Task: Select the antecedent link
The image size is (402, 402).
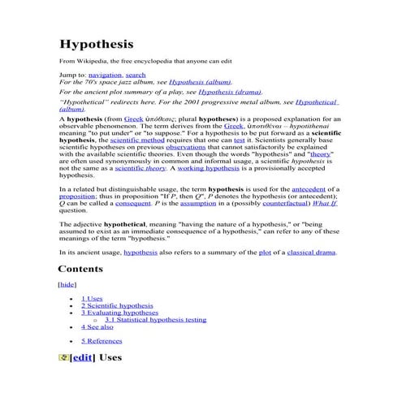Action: tap(302, 188)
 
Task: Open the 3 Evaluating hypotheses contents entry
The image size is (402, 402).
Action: tap(119, 313)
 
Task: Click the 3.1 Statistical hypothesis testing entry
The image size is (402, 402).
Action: tap(155, 320)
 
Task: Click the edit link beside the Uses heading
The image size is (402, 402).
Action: tap(82, 358)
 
